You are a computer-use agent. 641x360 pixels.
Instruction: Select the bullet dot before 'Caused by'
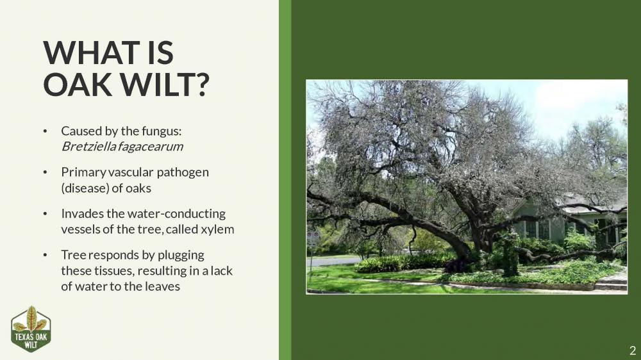click(45, 131)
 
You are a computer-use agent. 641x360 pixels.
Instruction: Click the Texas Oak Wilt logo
click(31, 329)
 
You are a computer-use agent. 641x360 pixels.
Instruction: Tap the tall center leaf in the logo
click(31, 318)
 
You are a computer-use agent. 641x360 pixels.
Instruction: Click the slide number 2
click(632, 350)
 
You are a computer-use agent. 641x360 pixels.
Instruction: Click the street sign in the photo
click(313, 239)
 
